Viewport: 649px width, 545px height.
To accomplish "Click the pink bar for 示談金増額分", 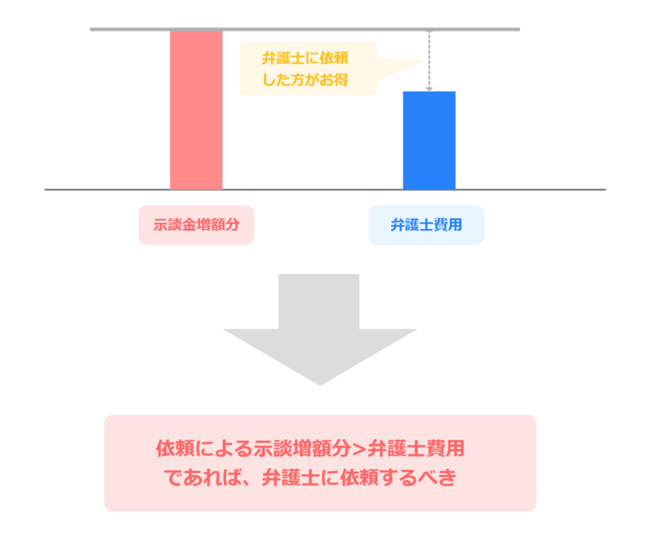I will tap(196, 110).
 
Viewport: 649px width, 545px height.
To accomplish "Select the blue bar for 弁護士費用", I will tap(429, 140).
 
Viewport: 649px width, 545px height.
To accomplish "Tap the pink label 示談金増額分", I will tap(196, 225).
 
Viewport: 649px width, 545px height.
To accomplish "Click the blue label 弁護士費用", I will tap(426, 225).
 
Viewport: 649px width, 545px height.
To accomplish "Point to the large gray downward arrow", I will tap(319, 325).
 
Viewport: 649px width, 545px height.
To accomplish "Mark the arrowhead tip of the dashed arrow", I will tap(429, 89).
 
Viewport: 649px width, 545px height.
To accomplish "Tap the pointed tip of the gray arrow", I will tap(320, 384).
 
